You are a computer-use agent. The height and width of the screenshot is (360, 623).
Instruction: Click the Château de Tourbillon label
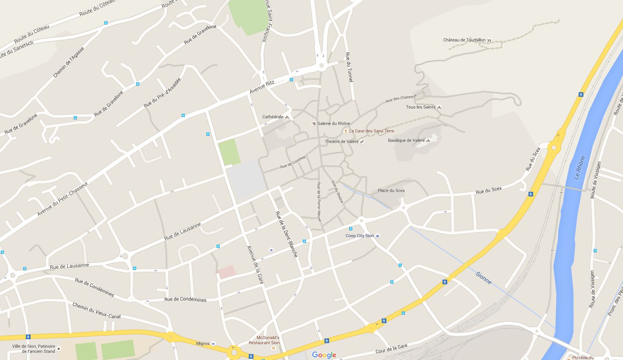464,40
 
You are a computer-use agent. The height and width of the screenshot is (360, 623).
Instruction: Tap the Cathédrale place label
273,117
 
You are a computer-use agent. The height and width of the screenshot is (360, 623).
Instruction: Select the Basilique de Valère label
406,140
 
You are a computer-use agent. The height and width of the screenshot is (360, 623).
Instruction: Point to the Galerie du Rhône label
333,124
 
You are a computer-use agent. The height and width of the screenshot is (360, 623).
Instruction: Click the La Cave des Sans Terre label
371,131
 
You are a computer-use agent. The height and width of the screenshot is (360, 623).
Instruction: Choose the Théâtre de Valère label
341,142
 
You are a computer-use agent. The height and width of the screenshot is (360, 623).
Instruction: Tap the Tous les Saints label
421,107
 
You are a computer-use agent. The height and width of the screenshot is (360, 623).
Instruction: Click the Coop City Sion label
359,236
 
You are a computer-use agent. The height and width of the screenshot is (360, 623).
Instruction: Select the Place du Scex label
391,191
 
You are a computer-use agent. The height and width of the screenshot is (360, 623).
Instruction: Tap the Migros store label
203,344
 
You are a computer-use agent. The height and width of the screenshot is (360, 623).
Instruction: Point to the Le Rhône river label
579,167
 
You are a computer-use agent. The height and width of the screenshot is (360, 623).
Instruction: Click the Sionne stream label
483,278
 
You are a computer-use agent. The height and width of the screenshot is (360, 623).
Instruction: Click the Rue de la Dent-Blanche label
286,234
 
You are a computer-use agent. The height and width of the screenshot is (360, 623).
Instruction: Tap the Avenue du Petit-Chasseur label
62,199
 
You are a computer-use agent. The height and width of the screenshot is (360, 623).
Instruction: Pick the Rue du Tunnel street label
349,67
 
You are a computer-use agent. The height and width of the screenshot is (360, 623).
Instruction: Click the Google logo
324,355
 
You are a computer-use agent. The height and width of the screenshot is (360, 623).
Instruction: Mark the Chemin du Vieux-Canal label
97,311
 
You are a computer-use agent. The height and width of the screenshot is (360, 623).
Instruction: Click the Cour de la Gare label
392,349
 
